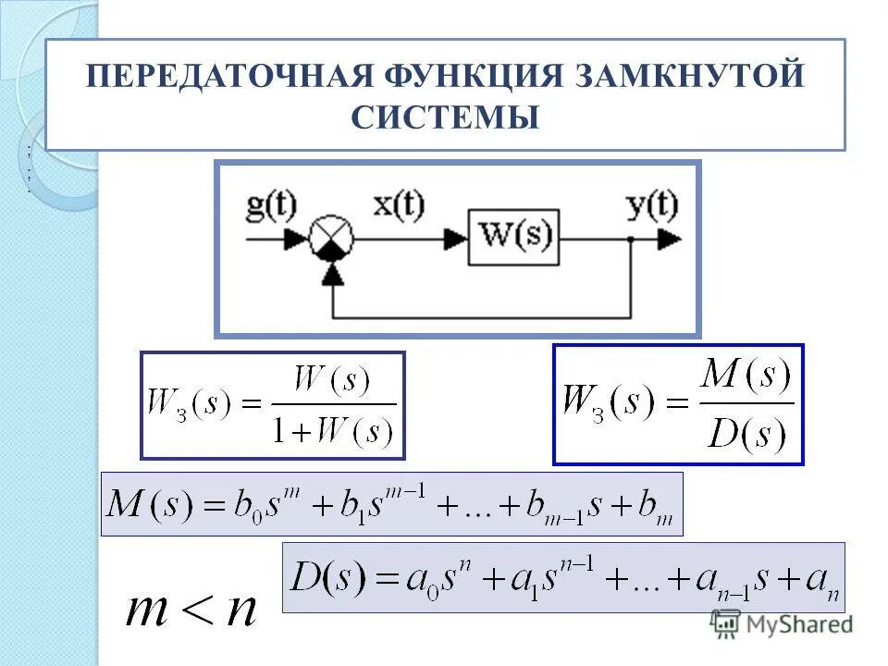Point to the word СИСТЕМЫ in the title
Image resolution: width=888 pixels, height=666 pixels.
click(445, 118)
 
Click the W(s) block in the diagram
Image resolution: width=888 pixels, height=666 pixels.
click(513, 239)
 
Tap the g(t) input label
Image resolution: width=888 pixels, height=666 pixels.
click(271, 204)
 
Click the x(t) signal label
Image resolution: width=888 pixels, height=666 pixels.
click(398, 204)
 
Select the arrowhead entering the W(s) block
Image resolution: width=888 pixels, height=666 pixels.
click(455, 240)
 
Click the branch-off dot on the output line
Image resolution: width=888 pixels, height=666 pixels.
click(631, 240)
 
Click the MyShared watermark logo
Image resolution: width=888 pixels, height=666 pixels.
click(783, 624)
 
